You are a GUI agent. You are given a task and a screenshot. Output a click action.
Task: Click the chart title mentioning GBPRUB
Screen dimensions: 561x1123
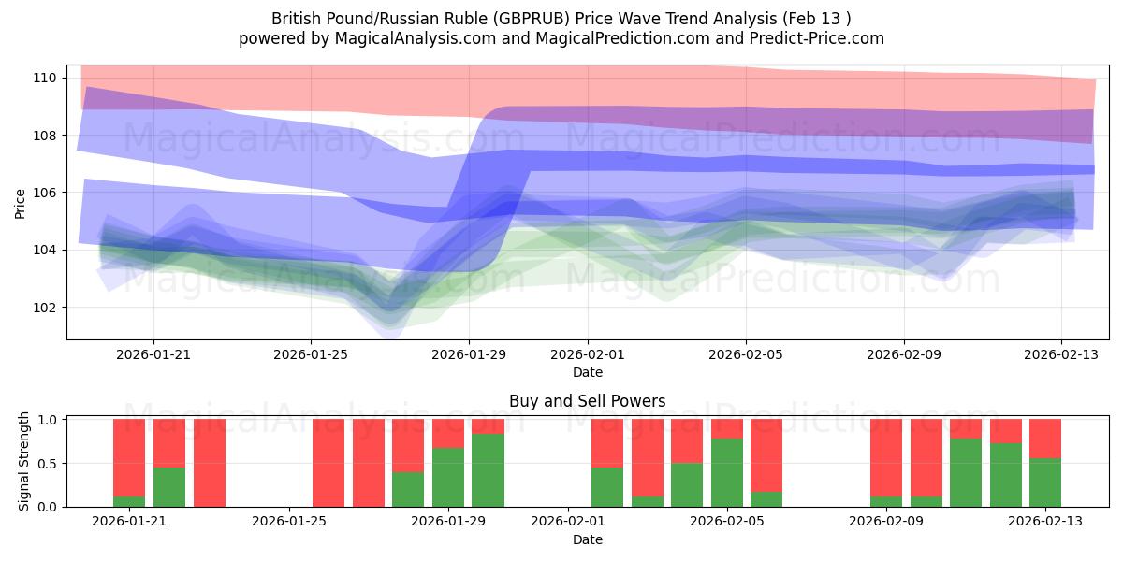pyautogui.click(x=561, y=18)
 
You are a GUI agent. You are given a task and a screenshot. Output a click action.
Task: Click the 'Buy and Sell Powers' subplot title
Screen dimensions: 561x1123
pyautogui.click(x=587, y=401)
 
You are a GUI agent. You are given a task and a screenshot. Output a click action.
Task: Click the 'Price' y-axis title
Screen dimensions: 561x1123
pyautogui.click(x=21, y=203)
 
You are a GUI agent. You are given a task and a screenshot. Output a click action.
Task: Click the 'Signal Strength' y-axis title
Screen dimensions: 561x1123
pyautogui.click(x=24, y=462)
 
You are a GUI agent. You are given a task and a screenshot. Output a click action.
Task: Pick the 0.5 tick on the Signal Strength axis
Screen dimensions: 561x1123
pyautogui.click(x=45, y=464)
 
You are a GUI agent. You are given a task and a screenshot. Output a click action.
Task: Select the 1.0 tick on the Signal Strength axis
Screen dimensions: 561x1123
pyautogui.click(x=45, y=420)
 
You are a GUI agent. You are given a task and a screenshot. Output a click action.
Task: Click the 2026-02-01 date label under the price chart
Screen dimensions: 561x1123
pyautogui.click(x=588, y=355)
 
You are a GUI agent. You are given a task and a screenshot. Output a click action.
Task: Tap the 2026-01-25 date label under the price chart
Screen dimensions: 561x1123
pyautogui.click(x=311, y=355)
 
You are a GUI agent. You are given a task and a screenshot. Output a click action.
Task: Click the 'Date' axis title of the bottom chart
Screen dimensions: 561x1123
pyautogui.click(x=587, y=539)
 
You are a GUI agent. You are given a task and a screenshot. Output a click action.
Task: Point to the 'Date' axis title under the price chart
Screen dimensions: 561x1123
pyautogui.click(x=587, y=372)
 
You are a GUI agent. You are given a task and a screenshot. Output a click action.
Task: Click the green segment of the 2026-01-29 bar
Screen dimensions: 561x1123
pyautogui.click(x=448, y=478)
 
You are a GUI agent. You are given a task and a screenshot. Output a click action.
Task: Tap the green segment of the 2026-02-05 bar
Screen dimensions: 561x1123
pyautogui.click(x=727, y=473)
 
